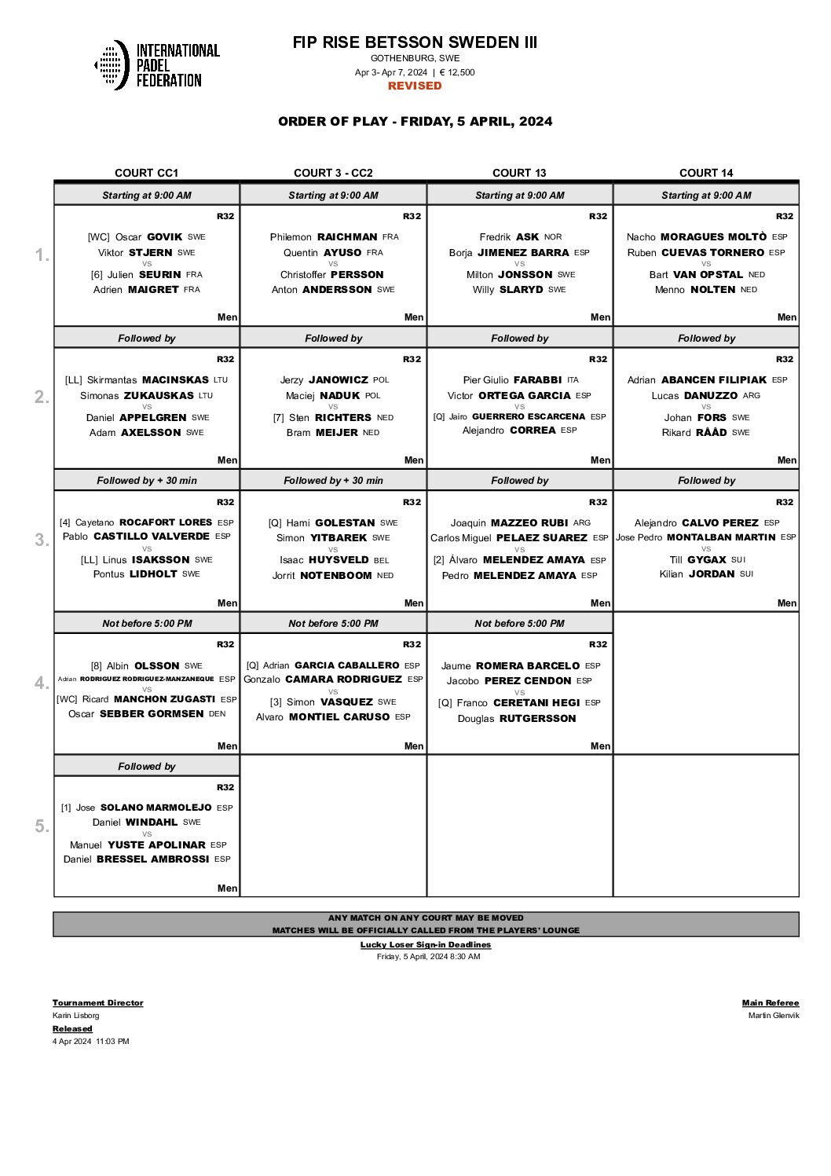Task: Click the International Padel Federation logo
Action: pyautogui.click(x=157, y=65)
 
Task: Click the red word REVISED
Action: pyautogui.click(x=415, y=86)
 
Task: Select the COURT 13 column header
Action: pyautogui.click(x=519, y=173)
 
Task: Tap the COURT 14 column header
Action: pyautogui.click(x=706, y=173)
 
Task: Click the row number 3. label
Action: pyautogui.click(x=42, y=540)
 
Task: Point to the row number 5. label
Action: pyautogui.click(x=42, y=826)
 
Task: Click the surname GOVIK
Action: pyautogui.click(x=165, y=236)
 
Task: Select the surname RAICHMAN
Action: pyautogui.click(x=347, y=236)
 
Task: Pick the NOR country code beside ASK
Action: pyautogui.click(x=553, y=236)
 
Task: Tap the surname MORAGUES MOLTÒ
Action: pyautogui.click(x=713, y=236)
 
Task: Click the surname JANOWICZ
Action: pyautogui.click(x=339, y=379)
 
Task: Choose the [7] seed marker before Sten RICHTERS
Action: pyautogui.click(x=278, y=418)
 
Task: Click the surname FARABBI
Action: pyautogui.click(x=537, y=379)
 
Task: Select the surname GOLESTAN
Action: pyautogui.click(x=345, y=522)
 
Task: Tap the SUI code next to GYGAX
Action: pyautogui.click(x=738, y=560)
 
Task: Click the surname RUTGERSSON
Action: pyautogui.click(x=538, y=719)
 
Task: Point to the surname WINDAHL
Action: pyautogui.click(x=152, y=822)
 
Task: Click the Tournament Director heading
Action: pyautogui.click(x=98, y=1003)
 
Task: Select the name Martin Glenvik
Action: pyautogui.click(x=774, y=1016)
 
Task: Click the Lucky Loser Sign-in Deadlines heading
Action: pyautogui.click(x=426, y=945)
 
